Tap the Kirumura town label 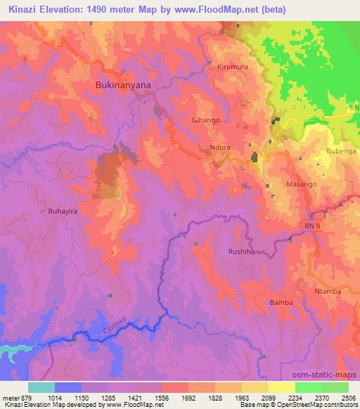pyautogui.click(x=234, y=65)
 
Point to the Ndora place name pyautogui.click(x=221, y=148)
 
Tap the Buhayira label pyautogui.click(x=44, y=209)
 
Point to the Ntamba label pyautogui.click(x=328, y=290)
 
